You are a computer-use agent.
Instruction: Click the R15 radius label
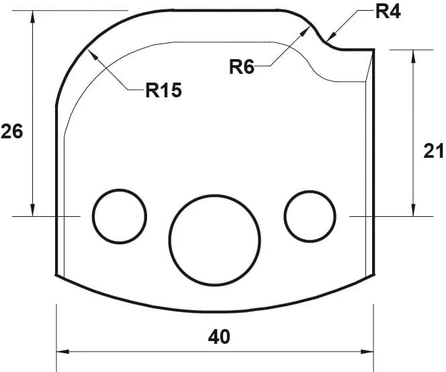pos(163,91)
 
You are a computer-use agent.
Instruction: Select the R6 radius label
pos(242,66)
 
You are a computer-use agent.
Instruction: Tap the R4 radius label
pos(388,11)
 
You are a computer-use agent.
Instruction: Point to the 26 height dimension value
pos(11,131)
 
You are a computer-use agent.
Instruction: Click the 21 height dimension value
pos(433,151)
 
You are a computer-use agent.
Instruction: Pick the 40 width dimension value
pos(219,336)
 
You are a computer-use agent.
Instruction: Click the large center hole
pos(214,238)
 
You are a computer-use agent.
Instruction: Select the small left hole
pos(120,216)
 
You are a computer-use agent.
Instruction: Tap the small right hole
pos(310,216)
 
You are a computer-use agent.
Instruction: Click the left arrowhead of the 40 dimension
pos(61,351)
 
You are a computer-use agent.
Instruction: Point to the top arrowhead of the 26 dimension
pos(32,15)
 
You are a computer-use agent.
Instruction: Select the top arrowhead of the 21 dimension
pos(413,54)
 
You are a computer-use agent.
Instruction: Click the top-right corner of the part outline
pos(373,50)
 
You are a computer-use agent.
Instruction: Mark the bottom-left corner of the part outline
pos(55,275)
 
